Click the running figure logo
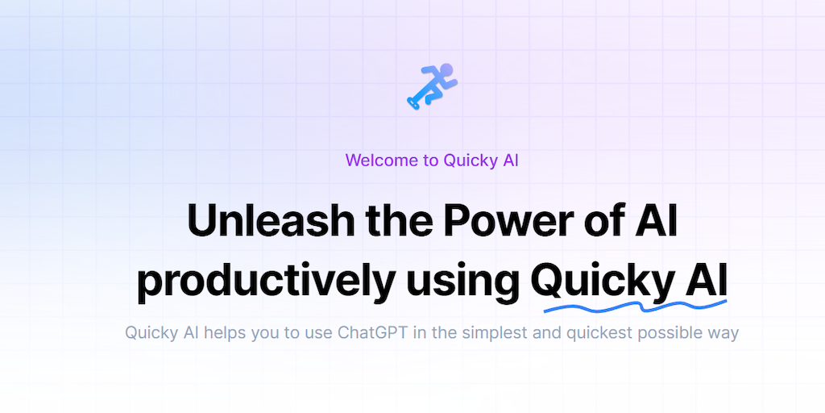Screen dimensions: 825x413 (432, 86)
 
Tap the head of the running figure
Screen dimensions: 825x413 (446, 69)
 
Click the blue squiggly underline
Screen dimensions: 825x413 (635, 306)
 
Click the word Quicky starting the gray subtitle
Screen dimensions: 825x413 (150, 333)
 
